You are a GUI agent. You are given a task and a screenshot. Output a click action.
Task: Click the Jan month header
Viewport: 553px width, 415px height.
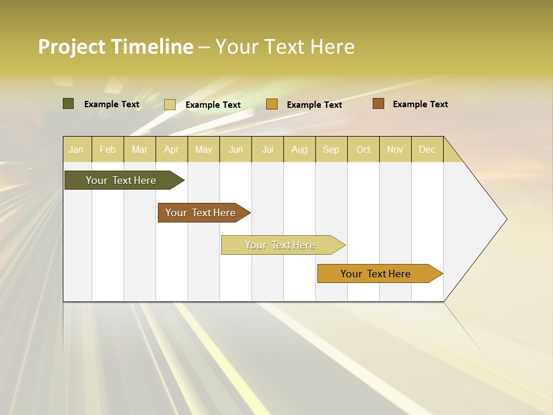77,149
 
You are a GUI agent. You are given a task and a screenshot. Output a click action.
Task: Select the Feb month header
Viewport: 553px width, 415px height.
108,149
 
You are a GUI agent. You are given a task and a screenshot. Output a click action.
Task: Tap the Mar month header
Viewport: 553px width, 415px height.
139,149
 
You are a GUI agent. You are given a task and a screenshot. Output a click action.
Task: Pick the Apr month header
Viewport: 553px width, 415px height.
172,149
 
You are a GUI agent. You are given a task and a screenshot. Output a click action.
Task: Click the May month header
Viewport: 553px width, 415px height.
203,149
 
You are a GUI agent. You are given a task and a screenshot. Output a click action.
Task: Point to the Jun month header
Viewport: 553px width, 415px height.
236,149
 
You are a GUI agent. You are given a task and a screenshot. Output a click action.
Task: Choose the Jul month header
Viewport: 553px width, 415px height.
267,149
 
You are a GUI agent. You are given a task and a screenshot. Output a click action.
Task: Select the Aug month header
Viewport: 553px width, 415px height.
300,149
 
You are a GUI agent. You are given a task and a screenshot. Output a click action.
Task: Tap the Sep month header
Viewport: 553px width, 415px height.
331,149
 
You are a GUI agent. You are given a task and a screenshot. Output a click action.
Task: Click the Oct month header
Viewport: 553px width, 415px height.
363,149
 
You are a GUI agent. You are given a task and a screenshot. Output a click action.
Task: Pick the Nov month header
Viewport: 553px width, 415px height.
395,149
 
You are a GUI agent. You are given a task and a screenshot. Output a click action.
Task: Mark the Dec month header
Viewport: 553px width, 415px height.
427,149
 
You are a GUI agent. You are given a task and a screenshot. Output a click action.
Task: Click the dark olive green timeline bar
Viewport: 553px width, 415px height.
122,180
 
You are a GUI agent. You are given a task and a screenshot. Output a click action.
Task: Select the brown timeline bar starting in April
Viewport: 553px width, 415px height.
201,213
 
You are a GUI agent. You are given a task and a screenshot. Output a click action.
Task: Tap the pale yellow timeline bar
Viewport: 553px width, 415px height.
281,245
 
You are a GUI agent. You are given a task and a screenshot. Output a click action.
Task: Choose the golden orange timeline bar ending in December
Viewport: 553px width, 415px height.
376,274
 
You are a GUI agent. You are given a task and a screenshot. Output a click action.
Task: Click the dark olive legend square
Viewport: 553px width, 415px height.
69,104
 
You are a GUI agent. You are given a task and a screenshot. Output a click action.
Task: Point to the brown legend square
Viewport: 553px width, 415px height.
378,104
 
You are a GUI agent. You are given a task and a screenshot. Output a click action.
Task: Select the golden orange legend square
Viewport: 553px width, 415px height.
272,104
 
